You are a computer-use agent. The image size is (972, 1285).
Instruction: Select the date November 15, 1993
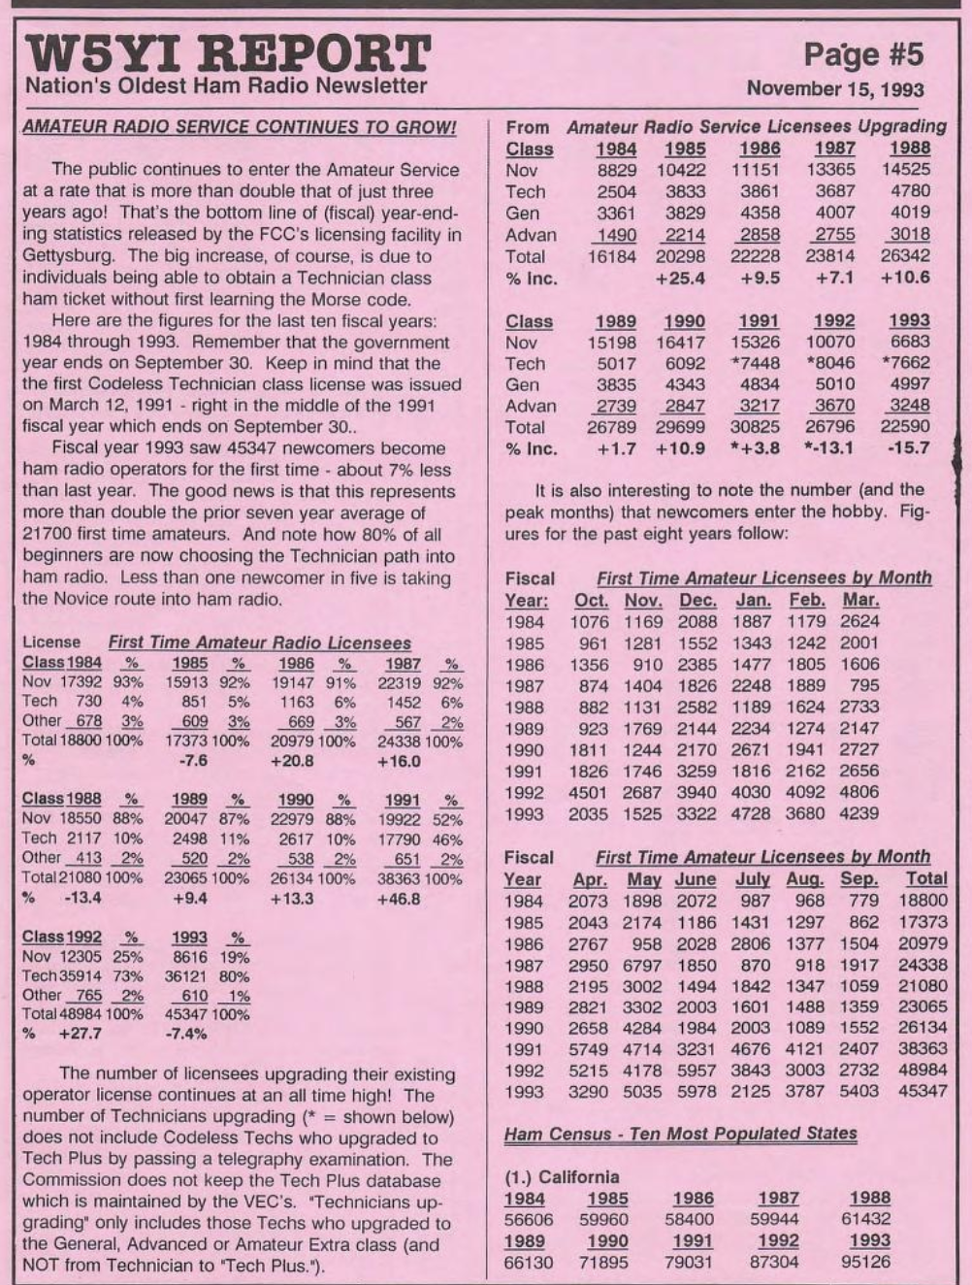coord(835,89)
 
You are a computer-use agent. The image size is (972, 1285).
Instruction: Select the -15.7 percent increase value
coord(907,447)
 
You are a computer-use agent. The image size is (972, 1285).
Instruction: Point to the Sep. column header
coord(858,880)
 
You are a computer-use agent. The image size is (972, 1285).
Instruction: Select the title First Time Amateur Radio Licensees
coord(259,642)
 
